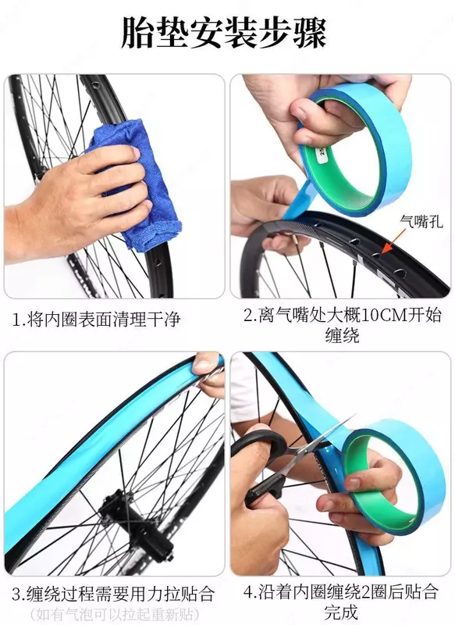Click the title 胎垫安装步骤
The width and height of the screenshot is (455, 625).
[x=224, y=32]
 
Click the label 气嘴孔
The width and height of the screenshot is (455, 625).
[x=421, y=221]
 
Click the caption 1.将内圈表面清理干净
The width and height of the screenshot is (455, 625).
[x=96, y=320]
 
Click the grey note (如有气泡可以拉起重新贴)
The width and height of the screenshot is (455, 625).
[x=113, y=614]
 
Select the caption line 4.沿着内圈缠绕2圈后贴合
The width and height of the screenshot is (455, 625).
[x=341, y=593]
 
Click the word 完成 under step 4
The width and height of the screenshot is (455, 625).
[x=341, y=612]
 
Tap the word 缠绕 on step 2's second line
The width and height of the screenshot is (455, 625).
[x=342, y=335]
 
